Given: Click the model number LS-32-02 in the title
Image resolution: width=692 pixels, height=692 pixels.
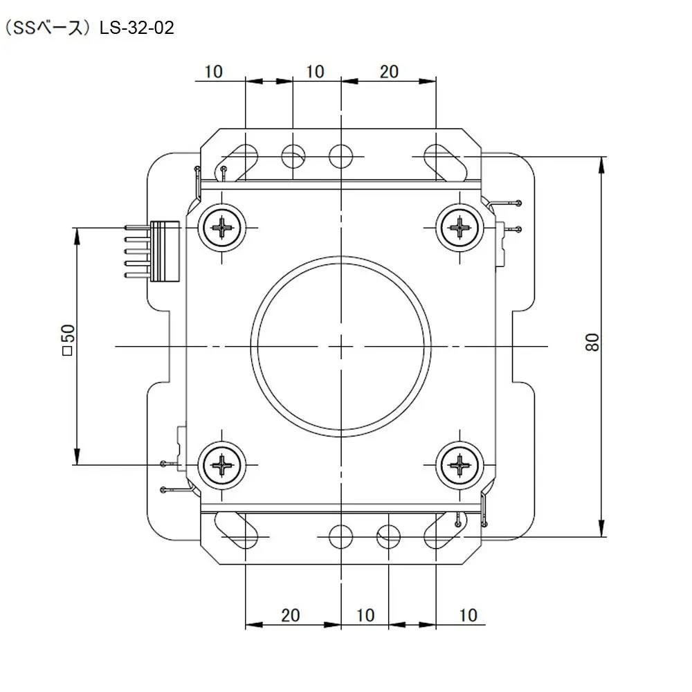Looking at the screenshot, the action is (x=137, y=28).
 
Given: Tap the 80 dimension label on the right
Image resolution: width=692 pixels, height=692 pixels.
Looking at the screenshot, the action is (x=593, y=343).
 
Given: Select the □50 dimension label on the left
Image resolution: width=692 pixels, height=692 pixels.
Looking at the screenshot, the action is (x=69, y=340).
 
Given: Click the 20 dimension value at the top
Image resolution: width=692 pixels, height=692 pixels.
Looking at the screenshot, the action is (x=389, y=71).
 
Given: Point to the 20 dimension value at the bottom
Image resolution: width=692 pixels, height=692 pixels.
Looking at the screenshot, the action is (x=291, y=615).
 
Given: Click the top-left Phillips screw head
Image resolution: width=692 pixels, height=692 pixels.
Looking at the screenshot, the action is (x=221, y=228).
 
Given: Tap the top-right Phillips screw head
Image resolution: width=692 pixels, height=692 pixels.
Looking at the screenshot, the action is (x=460, y=228).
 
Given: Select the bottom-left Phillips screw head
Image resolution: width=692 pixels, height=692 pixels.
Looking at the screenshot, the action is (x=221, y=465).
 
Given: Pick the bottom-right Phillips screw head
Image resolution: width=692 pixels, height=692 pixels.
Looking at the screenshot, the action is (x=460, y=465).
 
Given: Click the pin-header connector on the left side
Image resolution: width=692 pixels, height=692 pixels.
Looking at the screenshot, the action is (x=153, y=251).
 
